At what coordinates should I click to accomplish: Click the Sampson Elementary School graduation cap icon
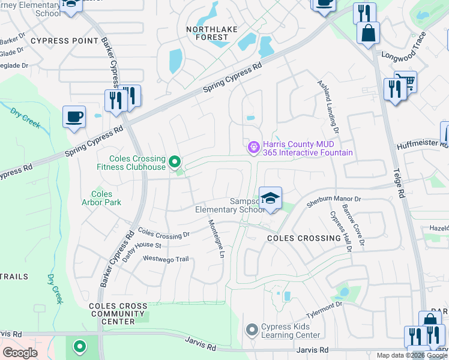271,199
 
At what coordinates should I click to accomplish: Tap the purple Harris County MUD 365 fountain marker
254,146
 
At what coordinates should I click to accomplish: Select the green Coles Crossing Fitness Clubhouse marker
175,161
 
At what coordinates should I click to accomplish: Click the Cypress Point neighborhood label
64,41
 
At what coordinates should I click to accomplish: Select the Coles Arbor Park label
106,198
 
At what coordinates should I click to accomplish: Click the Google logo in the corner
20,353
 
